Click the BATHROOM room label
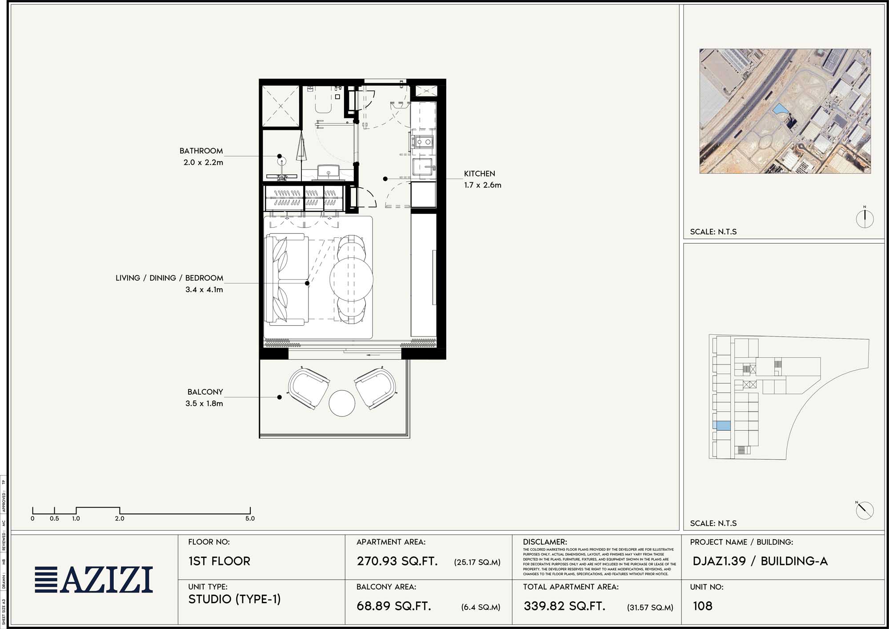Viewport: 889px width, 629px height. (201, 151)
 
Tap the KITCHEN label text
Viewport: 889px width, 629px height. (479, 174)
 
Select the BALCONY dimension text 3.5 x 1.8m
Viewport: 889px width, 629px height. (204, 404)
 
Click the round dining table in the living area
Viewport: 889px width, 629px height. (351, 279)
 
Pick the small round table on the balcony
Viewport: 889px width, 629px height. (342, 403)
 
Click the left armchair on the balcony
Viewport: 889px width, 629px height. (308, 387)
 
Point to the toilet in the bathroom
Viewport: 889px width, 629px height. (324, 104)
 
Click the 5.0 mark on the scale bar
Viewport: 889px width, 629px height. (250, 518)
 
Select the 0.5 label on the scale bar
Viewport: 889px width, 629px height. (54, 518)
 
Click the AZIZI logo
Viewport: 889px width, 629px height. (94, 580)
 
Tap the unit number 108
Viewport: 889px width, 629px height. (702, 606)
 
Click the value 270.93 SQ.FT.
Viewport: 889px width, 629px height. (397, 561)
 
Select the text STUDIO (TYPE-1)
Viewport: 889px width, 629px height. (234, 599)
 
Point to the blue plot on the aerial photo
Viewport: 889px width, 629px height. (780, 109)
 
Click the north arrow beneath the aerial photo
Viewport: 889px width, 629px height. (865, 218)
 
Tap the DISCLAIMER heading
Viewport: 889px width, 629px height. (545, 542)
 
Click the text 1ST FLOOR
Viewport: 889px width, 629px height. (219, 561)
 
